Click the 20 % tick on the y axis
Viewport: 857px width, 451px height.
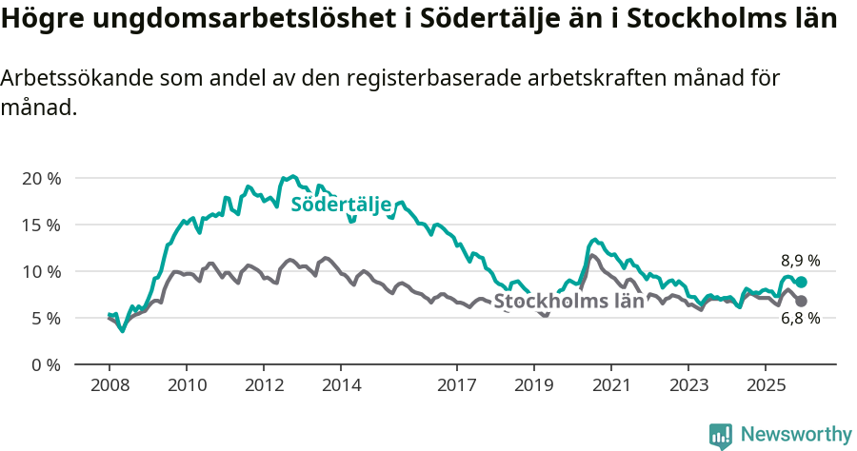pyautogui.click(x=41, y=179)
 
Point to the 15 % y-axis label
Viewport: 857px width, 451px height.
pyautogui.click(x=41, y=225)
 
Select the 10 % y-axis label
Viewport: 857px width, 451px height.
pyautogui.click(x=41, y=272)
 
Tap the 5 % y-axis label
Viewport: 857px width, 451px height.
pyautogui.click(x=45, y=319)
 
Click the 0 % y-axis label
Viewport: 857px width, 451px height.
pyautogui.click(x=45, y=365)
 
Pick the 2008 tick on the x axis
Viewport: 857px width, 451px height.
pyautogui.click(x=109, y=386)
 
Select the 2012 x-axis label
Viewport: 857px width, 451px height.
pyautogui.click(x=264, y=386)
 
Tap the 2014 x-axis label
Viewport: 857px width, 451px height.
pyautogui.click(x=341, y=386)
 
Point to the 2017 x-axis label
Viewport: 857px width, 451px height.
pyautogui.click(x=457, y=386)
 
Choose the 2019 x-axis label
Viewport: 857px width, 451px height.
pyautogui.click(x=534, y=386)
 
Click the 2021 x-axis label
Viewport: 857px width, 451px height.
pyautogui.click(x=611, y=386)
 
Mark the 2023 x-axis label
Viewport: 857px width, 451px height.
pyautogui.click(x=689, y=386)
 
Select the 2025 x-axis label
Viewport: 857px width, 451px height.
pyautogui.click(x=767, y=386)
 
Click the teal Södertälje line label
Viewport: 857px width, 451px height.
pyautogui.click(x=341, y=205)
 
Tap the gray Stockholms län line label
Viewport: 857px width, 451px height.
pyautogui.click(x=568, y=303)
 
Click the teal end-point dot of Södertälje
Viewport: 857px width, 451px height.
pyautogui.click(x=802, y=283)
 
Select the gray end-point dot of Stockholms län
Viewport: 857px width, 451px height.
pyautogui.click(x=802, y=302)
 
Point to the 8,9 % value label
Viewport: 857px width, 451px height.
pyautogui.click(x=800, y=261)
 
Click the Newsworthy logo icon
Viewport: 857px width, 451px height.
pyautogui.click(x=721, y=436)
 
